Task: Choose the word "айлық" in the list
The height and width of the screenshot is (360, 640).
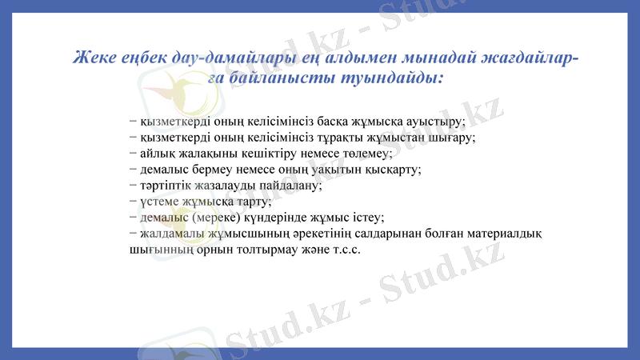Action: pos(154,153)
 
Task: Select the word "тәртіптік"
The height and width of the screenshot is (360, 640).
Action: pos(166,185)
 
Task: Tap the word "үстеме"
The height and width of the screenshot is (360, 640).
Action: pos(160,201)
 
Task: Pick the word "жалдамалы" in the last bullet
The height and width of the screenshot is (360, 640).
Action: pos(170,234)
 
